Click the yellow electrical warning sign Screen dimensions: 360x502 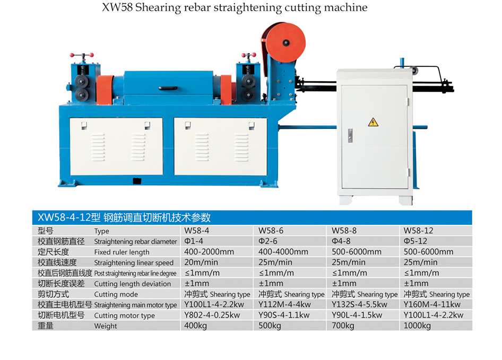click(373, 122)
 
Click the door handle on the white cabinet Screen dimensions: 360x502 click(350, 135)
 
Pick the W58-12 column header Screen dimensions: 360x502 click(418, 231)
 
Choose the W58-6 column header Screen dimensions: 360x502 click(271, 231)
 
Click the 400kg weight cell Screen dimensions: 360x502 click(195, 326)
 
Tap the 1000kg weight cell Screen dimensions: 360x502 click(417, 326)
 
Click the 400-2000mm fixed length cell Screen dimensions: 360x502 click(209, 252)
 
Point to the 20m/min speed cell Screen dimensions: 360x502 click(201, 262)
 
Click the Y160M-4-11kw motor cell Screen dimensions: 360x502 click(432, 304)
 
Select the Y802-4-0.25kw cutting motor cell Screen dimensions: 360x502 click(212, 315)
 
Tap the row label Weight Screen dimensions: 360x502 click(106, 326)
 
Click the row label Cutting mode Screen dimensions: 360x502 click(116, 294)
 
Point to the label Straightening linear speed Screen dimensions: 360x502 click(134, 262)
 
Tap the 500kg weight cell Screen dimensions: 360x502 click(270, 326)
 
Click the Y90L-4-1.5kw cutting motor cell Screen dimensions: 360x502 click(357, 315)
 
